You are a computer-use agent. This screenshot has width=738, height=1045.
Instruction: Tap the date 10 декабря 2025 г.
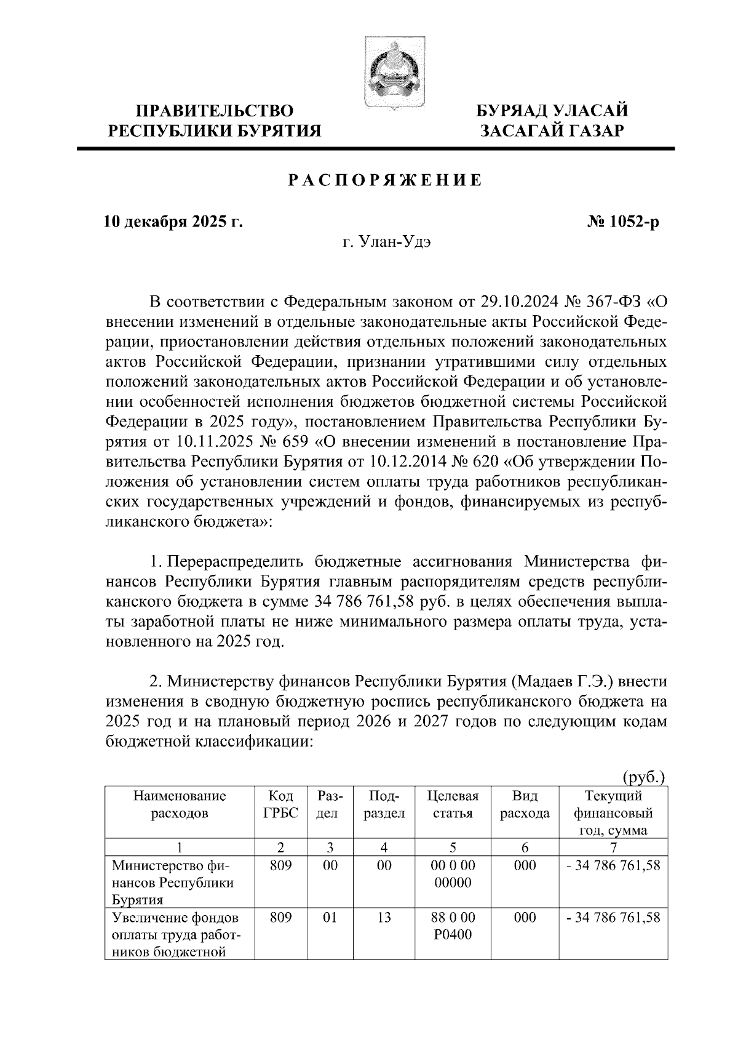pos(173,222)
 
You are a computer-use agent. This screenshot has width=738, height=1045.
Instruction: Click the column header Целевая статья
pos(453,804)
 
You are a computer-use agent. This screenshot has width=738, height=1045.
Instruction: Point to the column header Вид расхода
pos(525,804)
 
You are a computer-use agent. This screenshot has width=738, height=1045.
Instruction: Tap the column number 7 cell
pos(613,847)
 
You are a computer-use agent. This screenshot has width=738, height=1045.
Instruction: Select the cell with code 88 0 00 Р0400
pos(453,926)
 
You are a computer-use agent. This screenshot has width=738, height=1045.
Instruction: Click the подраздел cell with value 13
pos(384,918)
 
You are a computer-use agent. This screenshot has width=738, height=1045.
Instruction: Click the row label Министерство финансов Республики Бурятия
pos(172,882)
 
